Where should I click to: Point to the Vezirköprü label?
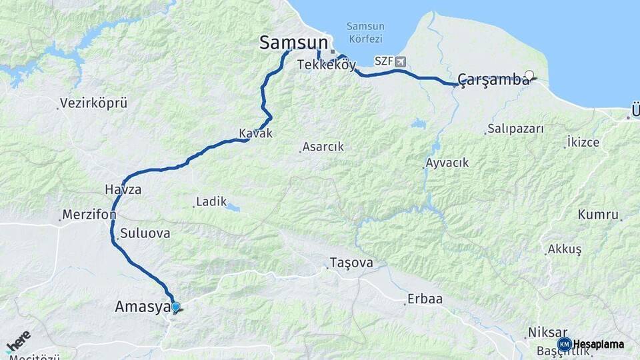(x=93, y=103)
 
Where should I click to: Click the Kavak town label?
(x=256, y=133)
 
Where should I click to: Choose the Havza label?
(x=123, y=189)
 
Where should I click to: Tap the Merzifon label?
(x=89, y=215)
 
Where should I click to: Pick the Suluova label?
(x=145, y=234)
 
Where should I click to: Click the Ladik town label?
(x=211, y=201)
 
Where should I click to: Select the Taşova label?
(x=351, y=263)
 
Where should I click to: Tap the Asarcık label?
(x=323, y=147)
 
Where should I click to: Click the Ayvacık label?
(x=447, y=163)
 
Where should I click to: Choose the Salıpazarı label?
(x=515, y=129)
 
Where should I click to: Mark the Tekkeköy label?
(x=327, y=65)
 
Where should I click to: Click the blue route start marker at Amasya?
(x=175, y=307)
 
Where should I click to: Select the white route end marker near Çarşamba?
(x=529, y=75)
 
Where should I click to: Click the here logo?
(x=18, y=342)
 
